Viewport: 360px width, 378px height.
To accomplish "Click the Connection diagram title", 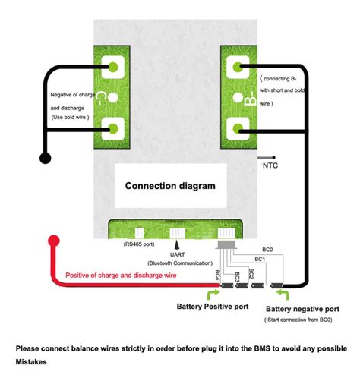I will coord(170,185).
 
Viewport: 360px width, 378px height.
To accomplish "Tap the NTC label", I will coord(270,165).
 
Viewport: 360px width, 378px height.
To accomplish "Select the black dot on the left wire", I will coord(46,159).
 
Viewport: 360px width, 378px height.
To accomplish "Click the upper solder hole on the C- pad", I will coord(114,66).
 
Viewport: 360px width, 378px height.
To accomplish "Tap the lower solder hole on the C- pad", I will coord(114,130).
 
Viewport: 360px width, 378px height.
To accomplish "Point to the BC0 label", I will coord(268,248).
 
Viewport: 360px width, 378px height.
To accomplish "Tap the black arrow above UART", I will coord(178,245).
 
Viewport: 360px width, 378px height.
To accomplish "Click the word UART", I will coord(178,254).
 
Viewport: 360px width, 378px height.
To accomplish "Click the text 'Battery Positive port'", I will coord(212,307).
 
